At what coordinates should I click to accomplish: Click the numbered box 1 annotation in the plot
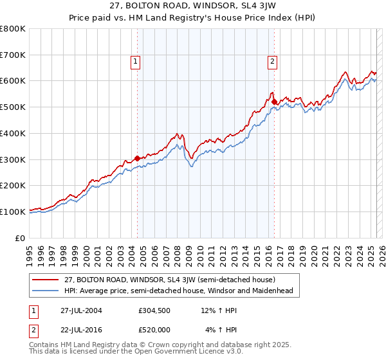(136, 62)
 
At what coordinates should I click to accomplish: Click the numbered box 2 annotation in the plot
(273, 62)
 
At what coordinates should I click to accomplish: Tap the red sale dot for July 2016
(274, 102)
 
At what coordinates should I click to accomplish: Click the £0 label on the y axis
(21, 238)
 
